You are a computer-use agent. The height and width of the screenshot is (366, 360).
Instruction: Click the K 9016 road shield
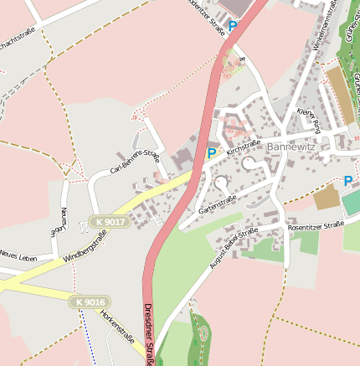tap(89, 302)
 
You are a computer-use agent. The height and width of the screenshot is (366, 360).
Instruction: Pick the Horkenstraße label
tap(117, 327)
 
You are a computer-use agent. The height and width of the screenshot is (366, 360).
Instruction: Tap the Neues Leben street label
tap(18, 255)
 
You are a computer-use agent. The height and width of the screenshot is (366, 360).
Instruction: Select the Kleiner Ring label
tap(308, 121)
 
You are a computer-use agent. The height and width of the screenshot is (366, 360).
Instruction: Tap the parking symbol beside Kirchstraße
tap(212, 153)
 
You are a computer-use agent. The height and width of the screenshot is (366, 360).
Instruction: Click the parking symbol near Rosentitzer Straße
tap(347, 180)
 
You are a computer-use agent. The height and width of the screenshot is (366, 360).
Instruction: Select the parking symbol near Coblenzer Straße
tap(233, 27)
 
